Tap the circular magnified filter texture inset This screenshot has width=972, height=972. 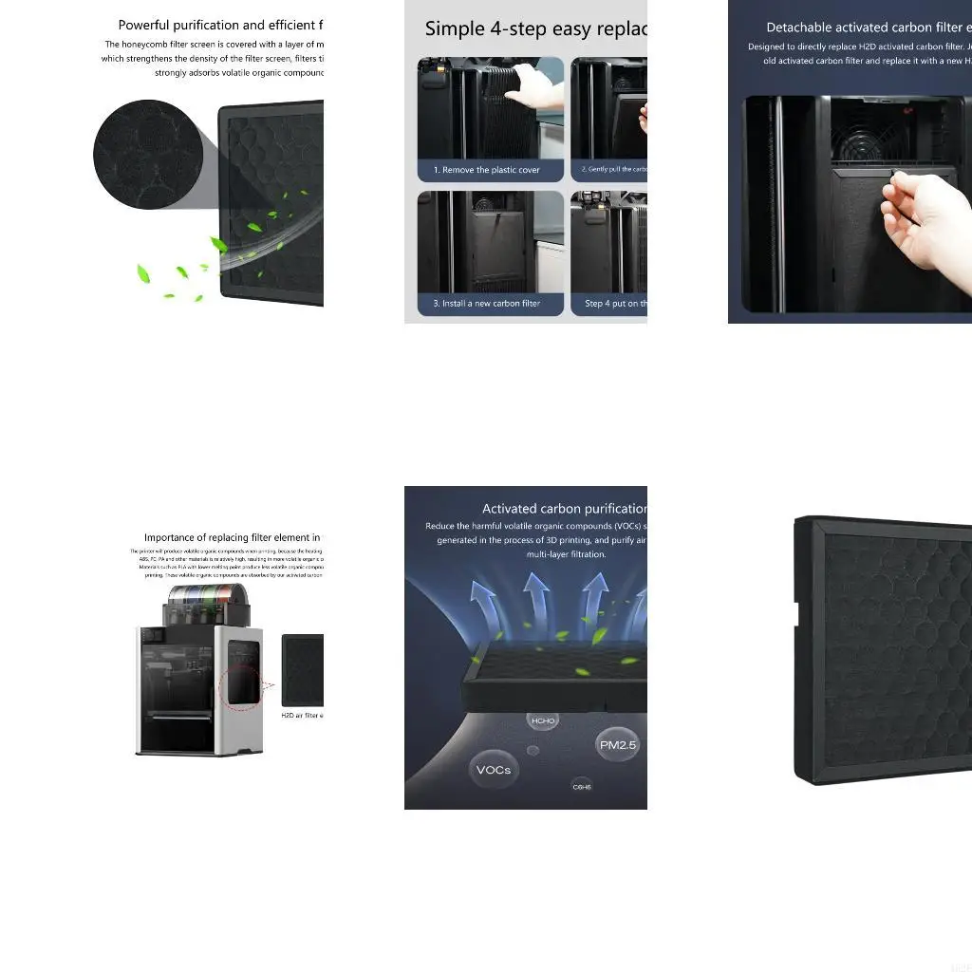pyautogui.click(x=147, y=153)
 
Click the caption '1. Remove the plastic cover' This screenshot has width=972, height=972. pyautogui.click(x=487, y=170)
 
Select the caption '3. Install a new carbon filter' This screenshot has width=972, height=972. pyautogui.click(x=487, y=304)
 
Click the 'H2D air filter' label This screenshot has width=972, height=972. pyautogui.click(x=302, y=715)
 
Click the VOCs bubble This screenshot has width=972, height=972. pyautogui.click(x=494, y=770)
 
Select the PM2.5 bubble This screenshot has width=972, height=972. pyautogui.click(x=617, y=745)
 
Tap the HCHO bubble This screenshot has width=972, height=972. pyautogui.click(x=543, y=721)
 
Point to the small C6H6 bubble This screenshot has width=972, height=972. pyautogui.click(x=582, y=786)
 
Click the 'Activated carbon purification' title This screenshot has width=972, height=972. pyautogui.click(x=564, y=509)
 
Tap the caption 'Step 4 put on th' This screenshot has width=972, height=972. pyautogui.click(x=615, y=304)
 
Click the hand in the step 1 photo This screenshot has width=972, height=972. pyautogui.click(x=536, y=87)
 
